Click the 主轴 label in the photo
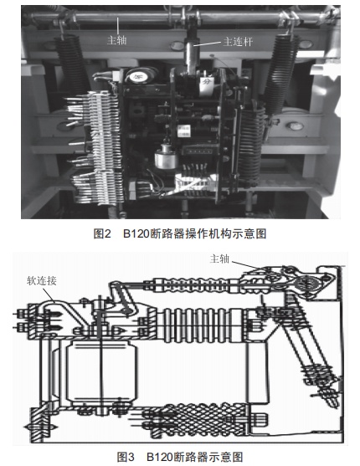(117, 40)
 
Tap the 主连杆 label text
(238, 41)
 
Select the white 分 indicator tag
(207, 82)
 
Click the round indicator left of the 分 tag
(139, 75)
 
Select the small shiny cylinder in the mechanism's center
(164, 156)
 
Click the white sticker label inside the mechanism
(183, 131)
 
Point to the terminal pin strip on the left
(95, 148)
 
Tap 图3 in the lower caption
(126, 457)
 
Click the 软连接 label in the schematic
(42, 281)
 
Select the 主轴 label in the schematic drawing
(220, 259)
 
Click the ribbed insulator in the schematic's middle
(202, 325)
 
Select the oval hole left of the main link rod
(177, 46)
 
